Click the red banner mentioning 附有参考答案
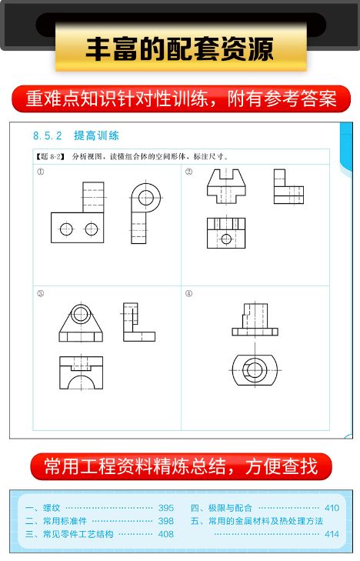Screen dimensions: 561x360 [180, 99]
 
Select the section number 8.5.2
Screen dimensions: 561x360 [48, 135]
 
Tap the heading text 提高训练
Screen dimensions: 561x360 [96, 135]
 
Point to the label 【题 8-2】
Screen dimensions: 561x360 [51, 156]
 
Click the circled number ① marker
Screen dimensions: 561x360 [40, 172]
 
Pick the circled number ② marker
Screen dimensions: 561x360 [188, 172]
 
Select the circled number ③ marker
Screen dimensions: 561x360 [40, 293]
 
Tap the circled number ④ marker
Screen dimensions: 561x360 [188, 293]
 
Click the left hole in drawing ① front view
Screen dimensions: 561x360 [66, 228]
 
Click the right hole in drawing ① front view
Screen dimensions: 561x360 [92, 228]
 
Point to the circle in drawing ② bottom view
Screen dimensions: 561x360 [225, 238]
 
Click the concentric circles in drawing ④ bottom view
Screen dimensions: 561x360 [255, 369]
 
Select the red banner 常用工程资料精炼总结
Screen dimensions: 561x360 [180, 466]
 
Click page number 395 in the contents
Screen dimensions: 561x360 [165, 508]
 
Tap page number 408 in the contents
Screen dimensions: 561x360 [165, 534]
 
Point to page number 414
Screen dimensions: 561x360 [331, 534]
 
